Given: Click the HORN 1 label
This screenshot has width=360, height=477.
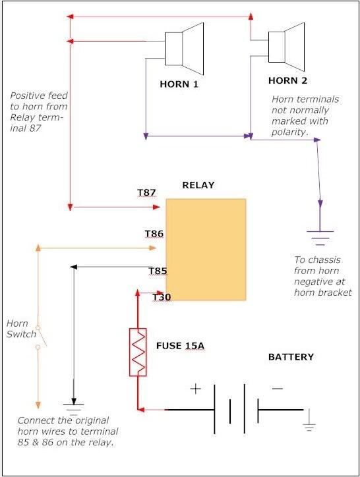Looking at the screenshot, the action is coord(179,84).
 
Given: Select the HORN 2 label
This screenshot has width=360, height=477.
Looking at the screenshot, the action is coord(288,80).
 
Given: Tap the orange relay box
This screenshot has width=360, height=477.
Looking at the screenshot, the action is coord(206,250).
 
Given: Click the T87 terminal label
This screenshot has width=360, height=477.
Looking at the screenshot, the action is coord(146,192).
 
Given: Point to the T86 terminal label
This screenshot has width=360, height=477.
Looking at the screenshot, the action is coord(154,234).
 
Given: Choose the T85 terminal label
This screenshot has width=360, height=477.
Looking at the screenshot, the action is coord(158,271).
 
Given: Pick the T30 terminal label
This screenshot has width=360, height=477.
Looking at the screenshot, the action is coord(162,297).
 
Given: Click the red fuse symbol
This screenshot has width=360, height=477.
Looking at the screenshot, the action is coord(138,352).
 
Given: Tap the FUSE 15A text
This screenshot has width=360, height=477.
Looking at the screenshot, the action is coord(180,346).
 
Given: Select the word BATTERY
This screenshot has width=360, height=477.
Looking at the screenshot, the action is coord(291,357).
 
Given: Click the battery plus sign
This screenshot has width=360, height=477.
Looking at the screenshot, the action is coord(196,389).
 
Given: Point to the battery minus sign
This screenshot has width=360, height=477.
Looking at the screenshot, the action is coord(277,389).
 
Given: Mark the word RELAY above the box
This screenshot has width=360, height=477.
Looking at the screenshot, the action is coord(198,185).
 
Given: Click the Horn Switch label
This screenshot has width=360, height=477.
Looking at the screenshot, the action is coord(21,329).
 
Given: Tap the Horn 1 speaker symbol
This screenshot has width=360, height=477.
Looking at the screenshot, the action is coord(184,49).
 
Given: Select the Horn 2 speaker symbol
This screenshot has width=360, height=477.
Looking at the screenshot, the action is coord(286,47).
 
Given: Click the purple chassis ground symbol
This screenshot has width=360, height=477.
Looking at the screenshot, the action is coord(320,238).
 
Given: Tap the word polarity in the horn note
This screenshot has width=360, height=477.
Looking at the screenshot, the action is coord(289,132).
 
